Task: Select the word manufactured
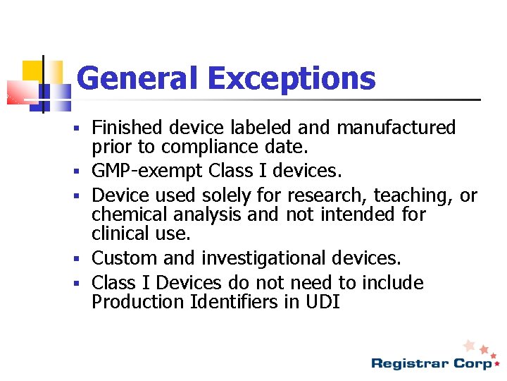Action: click(396, 128)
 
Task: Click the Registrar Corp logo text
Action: click(431, 363)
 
